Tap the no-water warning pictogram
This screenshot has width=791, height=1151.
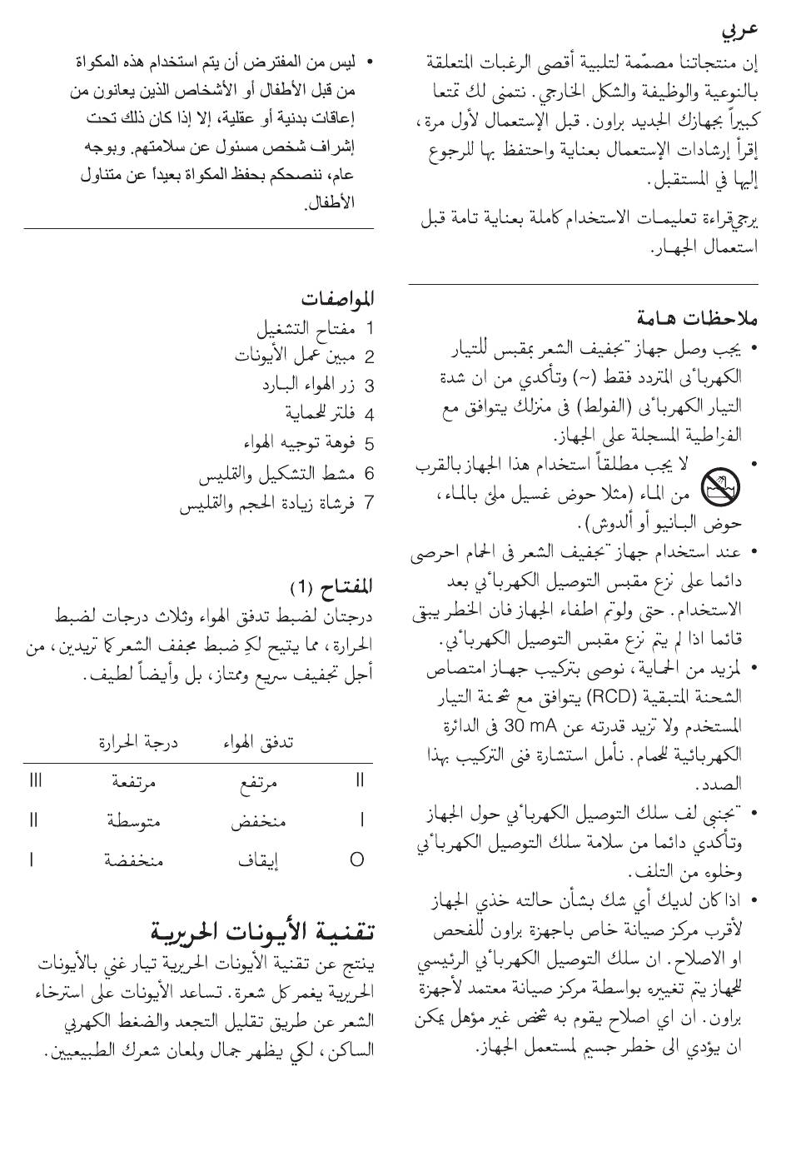click(x=718, y=485)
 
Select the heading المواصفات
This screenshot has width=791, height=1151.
click(x=337, y=298)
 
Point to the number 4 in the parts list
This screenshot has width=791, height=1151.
click(x=369, y=414)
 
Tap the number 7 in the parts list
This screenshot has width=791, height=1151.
click(x=369, y=503)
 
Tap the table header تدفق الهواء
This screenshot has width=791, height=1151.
click(x=257, y=741)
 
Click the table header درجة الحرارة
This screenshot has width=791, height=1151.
click(x=138, y=741)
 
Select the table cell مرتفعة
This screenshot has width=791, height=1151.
click(x=136, y=781)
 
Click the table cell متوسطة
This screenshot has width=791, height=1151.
click(x=134, y=821)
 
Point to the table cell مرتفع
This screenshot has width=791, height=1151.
click(x=258, y=781)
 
